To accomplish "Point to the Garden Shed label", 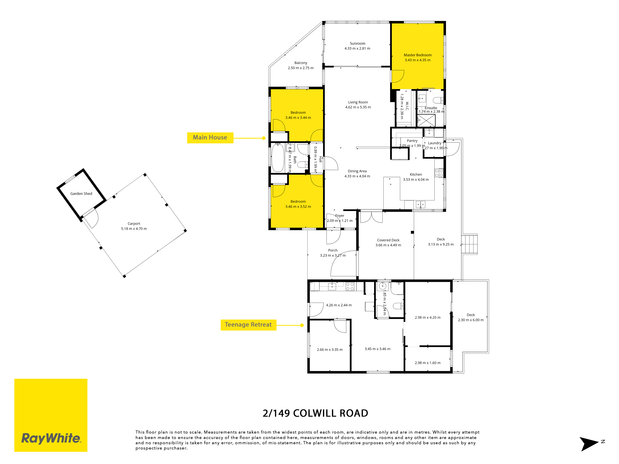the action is (81, 193).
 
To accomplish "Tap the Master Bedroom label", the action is (418, 55).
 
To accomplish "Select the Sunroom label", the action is (357, 43).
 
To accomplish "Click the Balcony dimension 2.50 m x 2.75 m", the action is (301, 68).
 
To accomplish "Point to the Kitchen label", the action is (416, 174).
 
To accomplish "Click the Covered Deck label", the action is (388, 240).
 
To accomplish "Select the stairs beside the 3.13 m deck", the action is (469, 244).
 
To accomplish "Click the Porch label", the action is (333, 250).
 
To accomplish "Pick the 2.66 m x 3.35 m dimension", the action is (330, 350).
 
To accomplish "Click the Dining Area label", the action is (357, 171).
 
